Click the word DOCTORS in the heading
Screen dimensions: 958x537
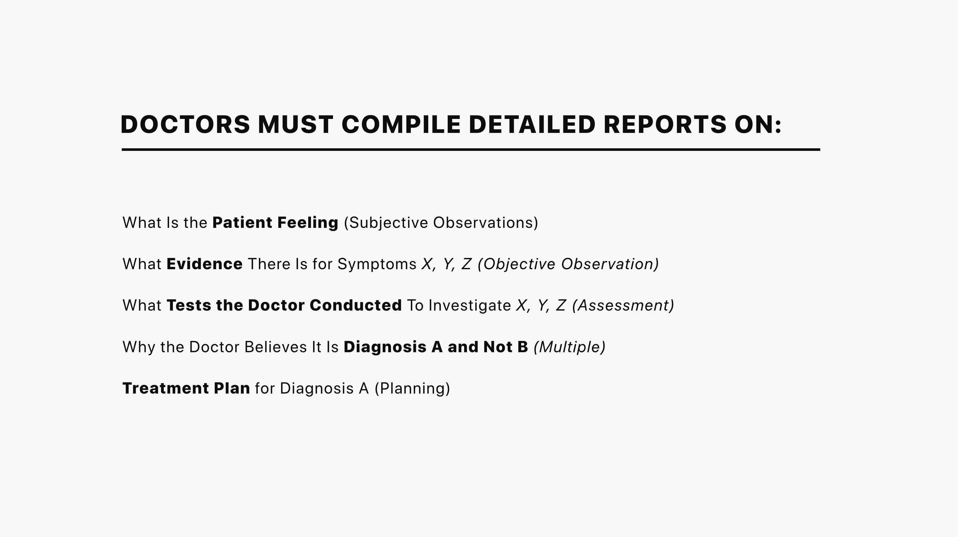click(185, 124)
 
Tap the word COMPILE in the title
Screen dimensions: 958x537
click(401, 124)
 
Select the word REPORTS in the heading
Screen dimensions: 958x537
click(665, 124)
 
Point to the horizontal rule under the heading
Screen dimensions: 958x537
click(471, 149)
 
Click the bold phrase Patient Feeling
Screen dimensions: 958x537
click(275, 223)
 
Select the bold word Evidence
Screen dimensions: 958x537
click(204, 264)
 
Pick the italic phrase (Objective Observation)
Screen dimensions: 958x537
click(568, 264)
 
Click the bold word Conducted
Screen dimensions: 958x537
click(356, 305)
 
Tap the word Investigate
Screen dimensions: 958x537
click(470, 306)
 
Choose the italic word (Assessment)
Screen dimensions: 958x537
click(623, 305)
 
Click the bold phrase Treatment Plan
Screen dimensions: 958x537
click(186, 388)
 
